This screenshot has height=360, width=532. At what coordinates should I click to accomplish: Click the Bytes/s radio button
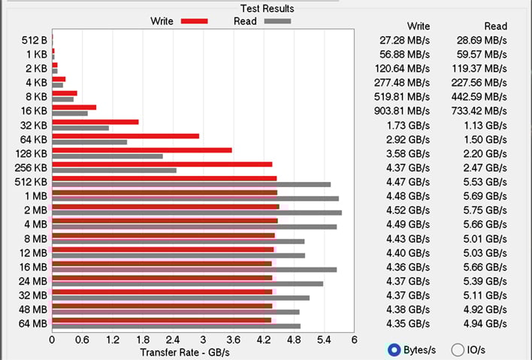click(x=393, y=349)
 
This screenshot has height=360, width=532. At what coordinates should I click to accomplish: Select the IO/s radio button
click(x=458, y=349)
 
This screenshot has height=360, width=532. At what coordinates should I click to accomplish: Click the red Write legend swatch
click(x=194, y=21)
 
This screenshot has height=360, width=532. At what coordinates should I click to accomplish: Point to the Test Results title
click(x=267, y=8)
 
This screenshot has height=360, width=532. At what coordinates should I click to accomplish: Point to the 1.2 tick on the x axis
click(x=112, y=340)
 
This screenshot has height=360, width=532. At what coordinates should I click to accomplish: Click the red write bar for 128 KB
click(x=142, y=150)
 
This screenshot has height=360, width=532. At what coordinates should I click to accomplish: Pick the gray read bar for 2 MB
click(x=197, y=213)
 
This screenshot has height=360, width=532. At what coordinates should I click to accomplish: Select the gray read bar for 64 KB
click(x=89, y=142)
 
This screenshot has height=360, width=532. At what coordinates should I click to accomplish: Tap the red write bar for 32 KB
click(x=95, y=121)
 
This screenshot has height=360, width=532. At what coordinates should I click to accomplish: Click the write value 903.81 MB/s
click(x=402, y=110)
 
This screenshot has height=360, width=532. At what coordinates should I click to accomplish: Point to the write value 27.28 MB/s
click(x=402, y=40)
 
